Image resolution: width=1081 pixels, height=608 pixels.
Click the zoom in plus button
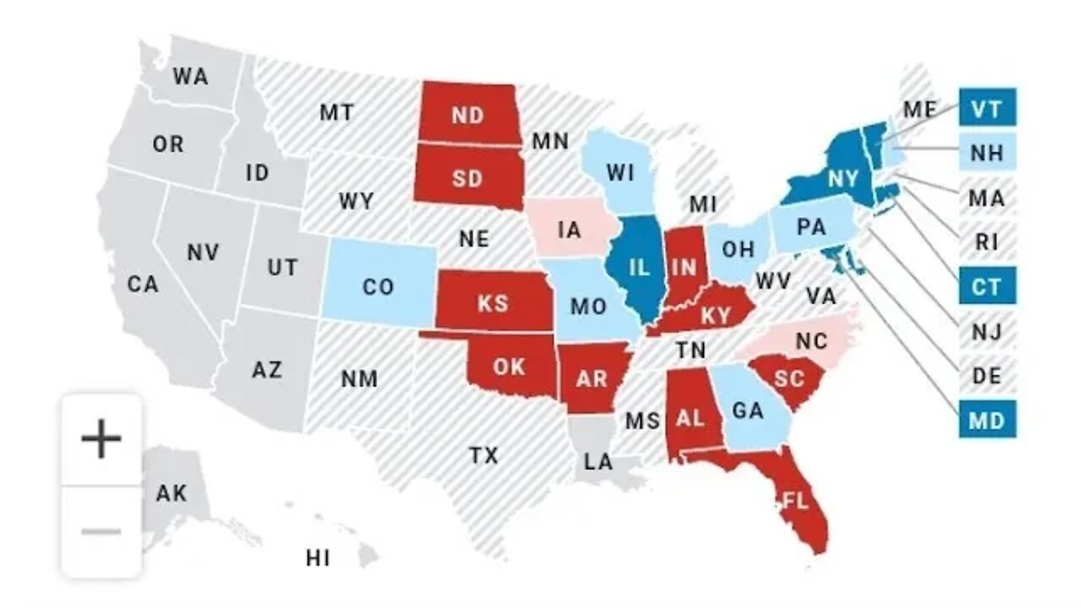[x=101, y=440]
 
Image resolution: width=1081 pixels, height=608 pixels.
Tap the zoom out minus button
[x=101, y=532]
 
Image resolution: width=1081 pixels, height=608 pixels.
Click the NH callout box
[x=986, y=153]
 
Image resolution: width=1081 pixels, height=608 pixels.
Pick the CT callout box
[x=986, y=286]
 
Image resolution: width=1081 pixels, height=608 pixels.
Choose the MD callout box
[x=986, y=420]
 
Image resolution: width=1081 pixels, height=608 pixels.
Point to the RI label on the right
[x=986, y=242]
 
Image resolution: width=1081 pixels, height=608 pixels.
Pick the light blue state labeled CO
[x=378, y=286]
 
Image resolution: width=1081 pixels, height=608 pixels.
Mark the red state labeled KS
[x=492, y=301]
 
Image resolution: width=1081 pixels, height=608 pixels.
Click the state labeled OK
[x=509, y=366]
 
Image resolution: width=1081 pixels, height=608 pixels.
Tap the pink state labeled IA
[x=570, y=229]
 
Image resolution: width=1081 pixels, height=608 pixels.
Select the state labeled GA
[x=747, y=410]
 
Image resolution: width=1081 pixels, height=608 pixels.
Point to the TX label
[x=484, y=456]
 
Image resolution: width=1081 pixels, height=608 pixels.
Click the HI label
[x=318, y=557]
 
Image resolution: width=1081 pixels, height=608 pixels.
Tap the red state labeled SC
[x=789, y=378]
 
